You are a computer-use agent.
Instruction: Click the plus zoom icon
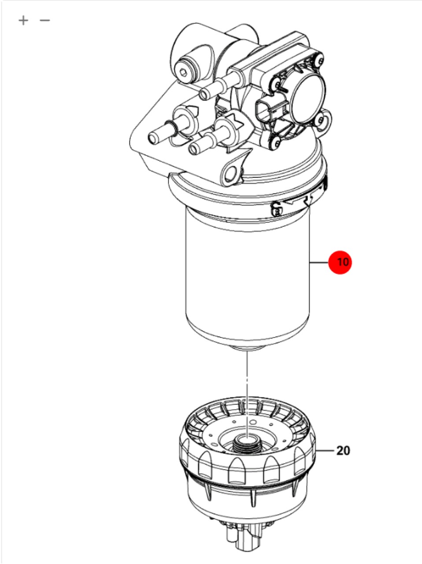[23, 20]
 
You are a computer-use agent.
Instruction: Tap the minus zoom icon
[45, 20]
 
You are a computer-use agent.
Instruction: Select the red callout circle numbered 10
[340, 262]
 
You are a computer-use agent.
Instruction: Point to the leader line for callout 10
[319, 263]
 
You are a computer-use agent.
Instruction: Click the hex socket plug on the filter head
[183, 72]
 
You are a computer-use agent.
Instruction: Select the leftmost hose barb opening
[153, 138]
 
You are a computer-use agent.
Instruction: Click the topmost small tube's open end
[204, 94]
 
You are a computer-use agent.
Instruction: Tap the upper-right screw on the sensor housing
[319, 61]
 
